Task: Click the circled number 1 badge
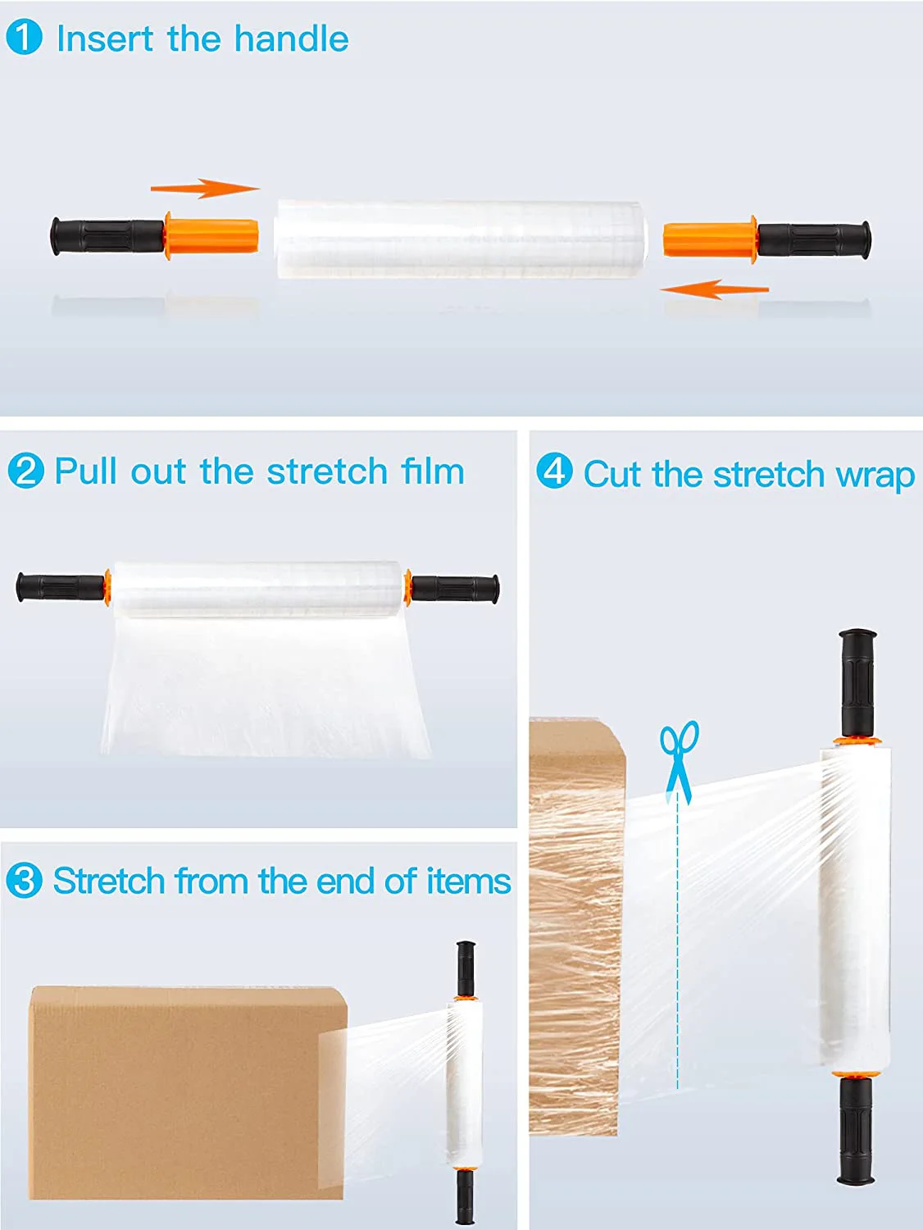[x=24, y=38]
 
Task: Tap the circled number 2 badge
[x=25, y=471]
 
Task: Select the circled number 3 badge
[x=24, y=881]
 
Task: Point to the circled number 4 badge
[x=554, y=471]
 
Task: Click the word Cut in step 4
[x=612, y=474]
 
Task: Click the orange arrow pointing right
[x=205, y=189]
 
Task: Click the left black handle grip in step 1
[x=107, y=236]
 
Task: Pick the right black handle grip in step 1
[x=813, y=239]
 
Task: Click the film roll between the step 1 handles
[x=460, y=239]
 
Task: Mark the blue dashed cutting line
[x=678, y=943]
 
